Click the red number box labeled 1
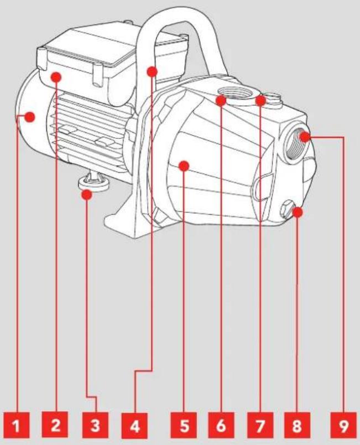[x=17, y=426]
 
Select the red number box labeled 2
[x=55, y=425]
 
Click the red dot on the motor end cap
[x=29, y=117]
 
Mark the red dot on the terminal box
[x=56, y=77]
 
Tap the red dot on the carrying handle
[x=152, y=71]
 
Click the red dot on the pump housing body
[x=184, y=166]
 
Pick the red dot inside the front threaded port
[x=305, y=138]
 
